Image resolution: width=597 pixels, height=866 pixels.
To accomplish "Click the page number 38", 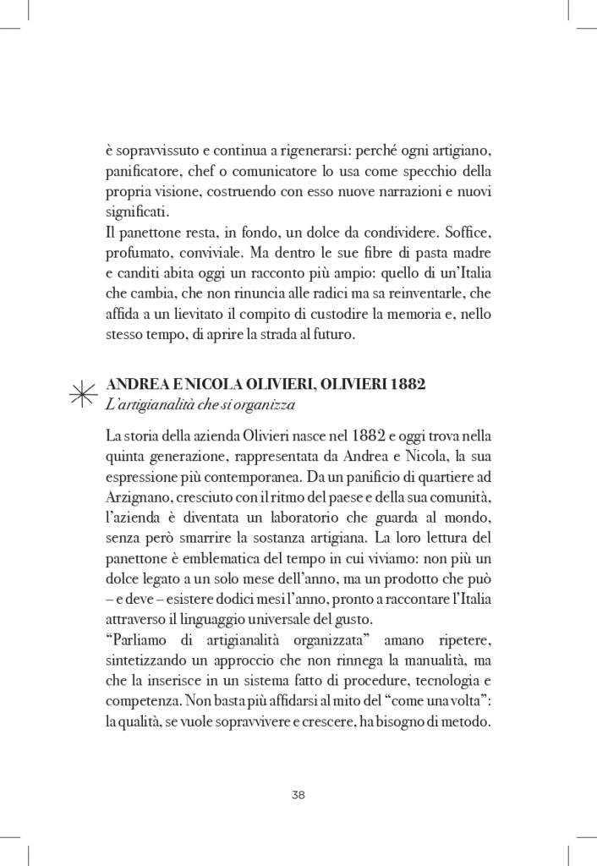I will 298,794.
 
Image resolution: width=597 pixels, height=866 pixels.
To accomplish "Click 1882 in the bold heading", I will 401,386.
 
